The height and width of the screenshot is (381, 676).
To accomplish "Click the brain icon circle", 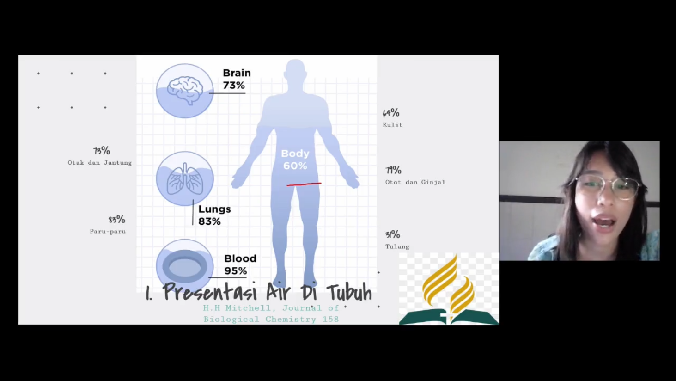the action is coord(185,91).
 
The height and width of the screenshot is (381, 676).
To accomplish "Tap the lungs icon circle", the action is coord(185,178).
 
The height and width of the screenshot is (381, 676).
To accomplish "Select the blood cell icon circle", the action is coord(185,266).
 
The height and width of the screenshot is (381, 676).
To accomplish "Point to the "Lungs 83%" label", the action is coord(214,215).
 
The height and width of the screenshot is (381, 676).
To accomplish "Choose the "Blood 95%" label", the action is coord(240,264).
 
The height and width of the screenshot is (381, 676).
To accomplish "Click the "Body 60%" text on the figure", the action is coord(295,160).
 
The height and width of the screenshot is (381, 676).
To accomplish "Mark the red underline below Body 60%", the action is coord(304,184).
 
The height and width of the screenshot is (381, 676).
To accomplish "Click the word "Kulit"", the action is coord(393,125).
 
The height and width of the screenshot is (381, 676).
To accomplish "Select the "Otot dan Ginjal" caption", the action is coord(415,182).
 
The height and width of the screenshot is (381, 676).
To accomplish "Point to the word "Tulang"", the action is coord(397,246).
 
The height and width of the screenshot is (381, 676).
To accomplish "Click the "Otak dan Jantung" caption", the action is coord(100,163).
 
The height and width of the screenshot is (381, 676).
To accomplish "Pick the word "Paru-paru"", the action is coord(108,232).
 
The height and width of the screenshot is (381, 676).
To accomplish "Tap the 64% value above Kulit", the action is coord(391,113).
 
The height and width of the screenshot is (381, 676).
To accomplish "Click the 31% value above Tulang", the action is coord(393,234).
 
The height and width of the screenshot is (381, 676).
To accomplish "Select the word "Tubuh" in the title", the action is coord(349,292).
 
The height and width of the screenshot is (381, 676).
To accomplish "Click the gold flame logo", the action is coord(449,285).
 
